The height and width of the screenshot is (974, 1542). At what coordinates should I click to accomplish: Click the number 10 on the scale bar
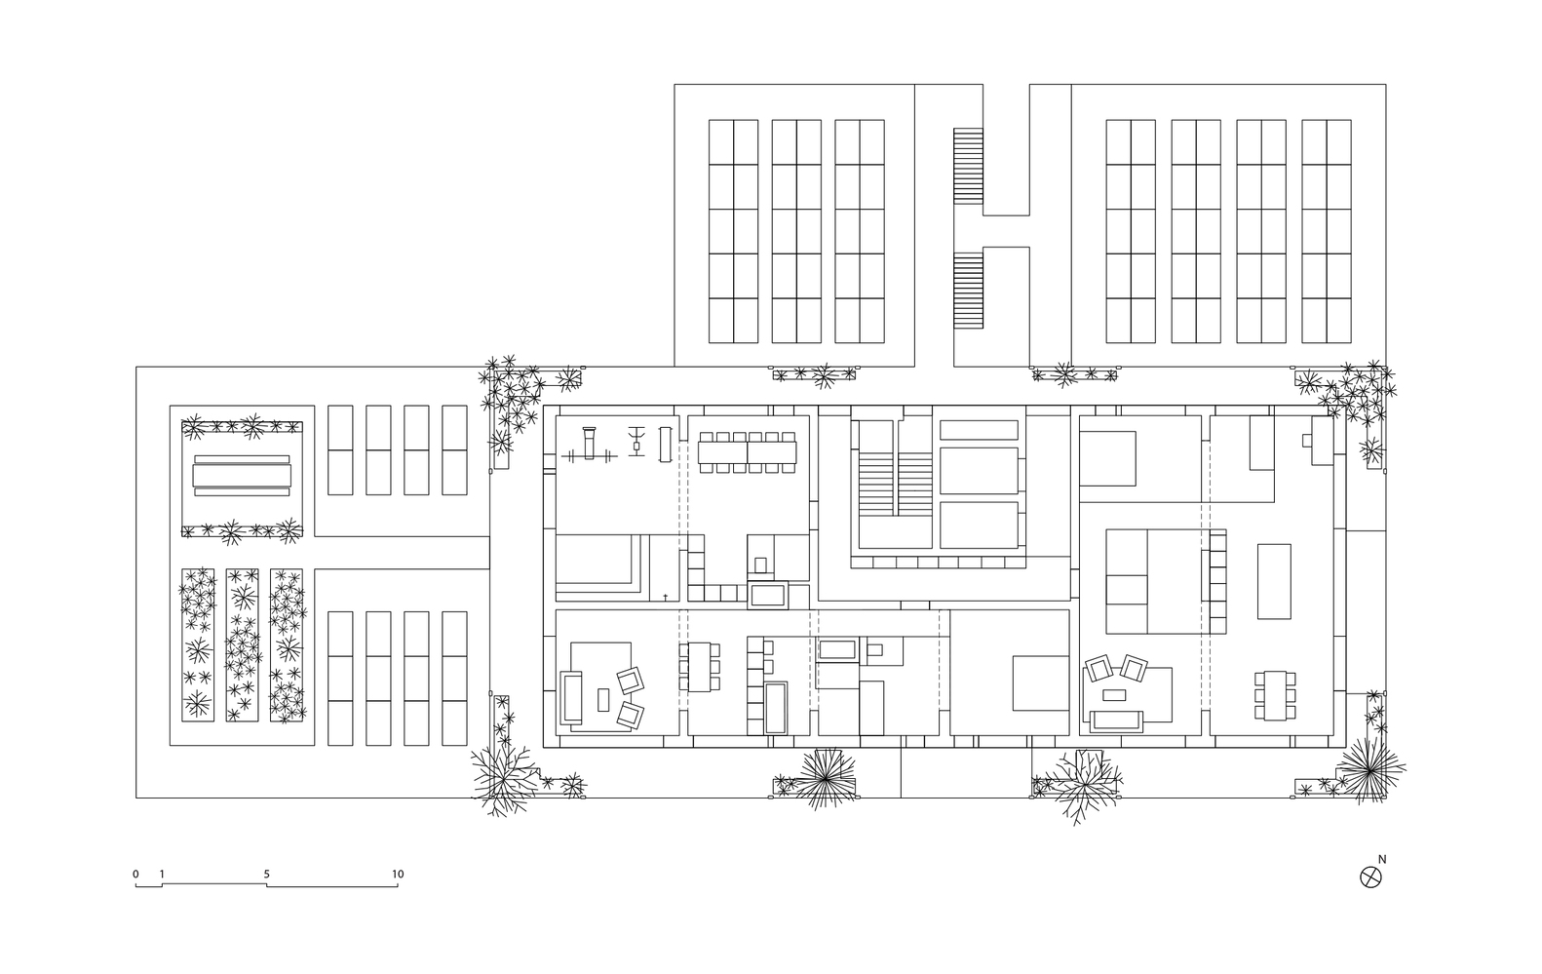pyautogui.click(x=398, y=875)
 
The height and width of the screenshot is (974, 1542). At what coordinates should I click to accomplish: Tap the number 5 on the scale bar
pyautogui.click(x=266, y=875)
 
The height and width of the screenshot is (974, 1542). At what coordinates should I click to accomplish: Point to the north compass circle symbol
pyautogui.click(x=1370, y=877)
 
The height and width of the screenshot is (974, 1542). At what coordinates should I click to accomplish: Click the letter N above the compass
pyautogui.click(x=1381, y=859)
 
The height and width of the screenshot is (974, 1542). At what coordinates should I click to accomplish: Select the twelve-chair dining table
pyautogui.click(x=747, y=452)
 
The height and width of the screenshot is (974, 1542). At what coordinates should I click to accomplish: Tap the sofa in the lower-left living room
pyautogui.click(x=571, y=697)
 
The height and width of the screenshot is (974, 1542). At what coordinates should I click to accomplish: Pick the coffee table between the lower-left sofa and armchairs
pyautogui.click(x=603, y=699)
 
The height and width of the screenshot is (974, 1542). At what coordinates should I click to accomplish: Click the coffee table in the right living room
pyautogui.click(x=1114, y=695)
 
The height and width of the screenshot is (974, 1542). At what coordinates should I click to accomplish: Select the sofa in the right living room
pyautogui.click(x=1116, y=721)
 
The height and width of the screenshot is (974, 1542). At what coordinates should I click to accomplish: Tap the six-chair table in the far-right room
pyautogui.click(x=1275, y=695)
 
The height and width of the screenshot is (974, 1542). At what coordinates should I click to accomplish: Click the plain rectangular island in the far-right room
pyautogui.click(x=1274, y=582)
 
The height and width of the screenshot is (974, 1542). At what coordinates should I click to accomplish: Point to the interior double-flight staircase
pyautogui.click(x=896, y=484)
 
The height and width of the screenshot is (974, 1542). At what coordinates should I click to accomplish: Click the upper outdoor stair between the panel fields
pyautogui.click(x=968, y=165)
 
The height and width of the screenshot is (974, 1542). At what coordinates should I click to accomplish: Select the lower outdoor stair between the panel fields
pyautogui.click(x=968, y=291)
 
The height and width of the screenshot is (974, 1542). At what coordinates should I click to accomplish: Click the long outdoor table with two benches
pyautogui.click(x=242, y=476)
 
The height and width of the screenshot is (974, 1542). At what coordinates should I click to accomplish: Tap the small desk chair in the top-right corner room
pyautogui.click(x=1306, y=441)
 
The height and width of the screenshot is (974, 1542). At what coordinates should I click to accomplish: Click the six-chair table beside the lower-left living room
pyautogui.click(x=700, y=666)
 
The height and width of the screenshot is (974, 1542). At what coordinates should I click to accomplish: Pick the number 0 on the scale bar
pyautogui.click(x=135, y=875)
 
